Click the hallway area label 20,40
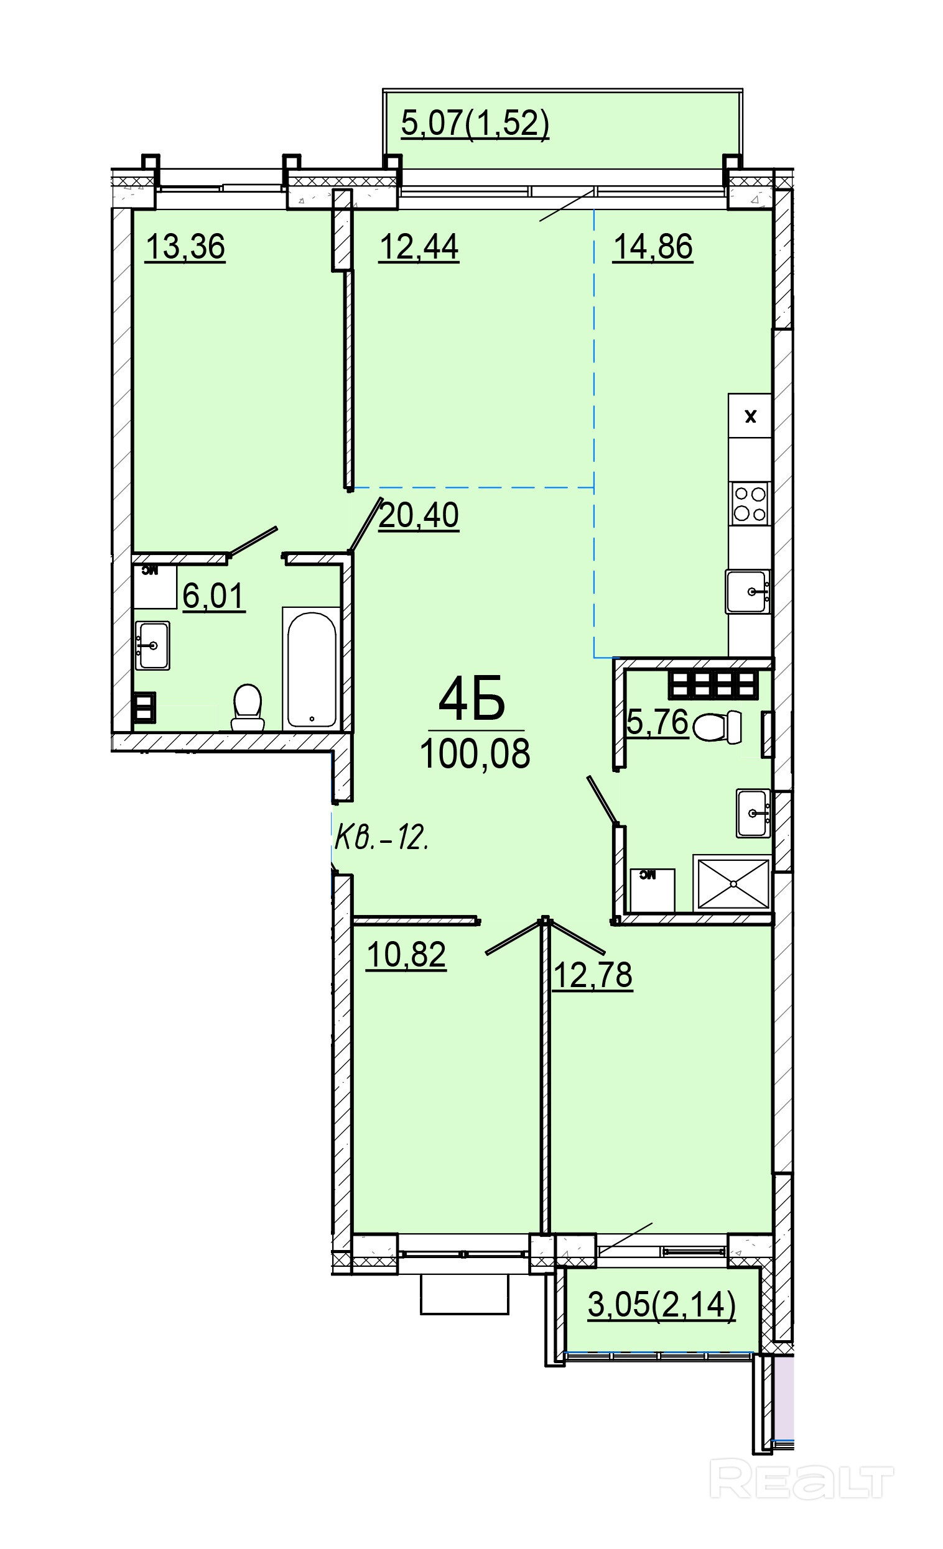pyautogui.click(x=419, y=515)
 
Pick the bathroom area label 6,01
pyautogui.click(x=213, y=595)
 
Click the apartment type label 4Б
pyautogui.click(x=472, y=699)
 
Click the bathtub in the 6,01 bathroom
pyautogui.click(x=312, y=667)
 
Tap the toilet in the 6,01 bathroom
pyautogui.click(x=247, y=707)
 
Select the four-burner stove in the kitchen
pyautogui.click(x=751, y=503)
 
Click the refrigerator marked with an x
pyautogui.click(x=750, y=416)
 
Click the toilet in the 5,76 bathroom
pyautogui.click(x=717, y=727)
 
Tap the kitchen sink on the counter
pyautogui.click(x=748, y=592)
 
